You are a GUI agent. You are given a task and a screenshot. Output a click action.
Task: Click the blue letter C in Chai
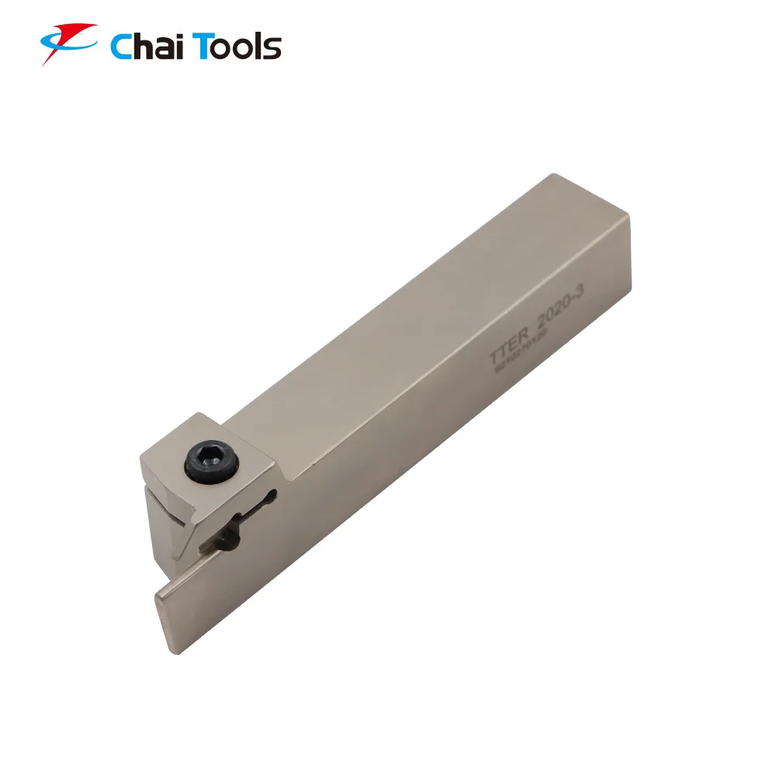coord(122,47)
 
